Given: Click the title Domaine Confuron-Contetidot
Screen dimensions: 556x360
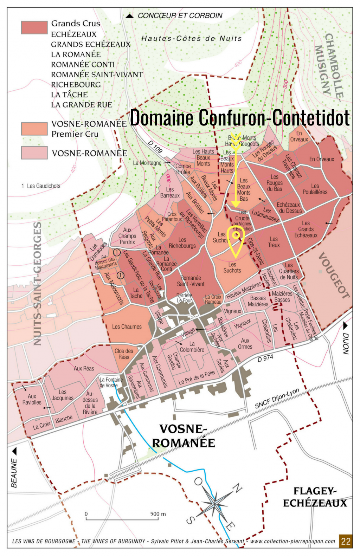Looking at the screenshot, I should coord(240,117).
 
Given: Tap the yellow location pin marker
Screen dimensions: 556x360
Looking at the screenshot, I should coord(236,239).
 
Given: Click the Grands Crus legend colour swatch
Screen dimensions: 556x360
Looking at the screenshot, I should coord(34,27).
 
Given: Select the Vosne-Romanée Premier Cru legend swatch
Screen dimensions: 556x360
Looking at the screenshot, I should coord(34,129).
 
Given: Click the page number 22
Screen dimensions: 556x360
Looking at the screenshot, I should coord(346,541).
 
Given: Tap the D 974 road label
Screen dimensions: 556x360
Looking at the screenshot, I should coord(265,358).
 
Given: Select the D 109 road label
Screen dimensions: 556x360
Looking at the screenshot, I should coord(155,147).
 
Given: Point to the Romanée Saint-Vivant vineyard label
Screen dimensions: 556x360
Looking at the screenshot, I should coord(191,281).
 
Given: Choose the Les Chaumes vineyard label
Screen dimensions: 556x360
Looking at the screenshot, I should coord(127,327).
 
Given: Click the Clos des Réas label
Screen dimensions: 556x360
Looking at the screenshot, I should coord(124,354).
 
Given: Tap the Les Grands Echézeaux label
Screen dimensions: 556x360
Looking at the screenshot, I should coord(306,229).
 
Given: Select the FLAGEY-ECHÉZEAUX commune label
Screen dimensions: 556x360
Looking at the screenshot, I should coord(315,497).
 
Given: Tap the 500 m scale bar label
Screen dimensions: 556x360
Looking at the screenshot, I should coord(158,514).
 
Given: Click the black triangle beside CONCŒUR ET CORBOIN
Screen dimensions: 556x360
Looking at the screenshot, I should coord(130,16).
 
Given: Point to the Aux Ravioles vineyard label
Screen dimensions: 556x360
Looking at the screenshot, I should coord(32,399).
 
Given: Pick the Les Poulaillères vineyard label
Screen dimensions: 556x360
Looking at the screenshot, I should coord(315,189).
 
